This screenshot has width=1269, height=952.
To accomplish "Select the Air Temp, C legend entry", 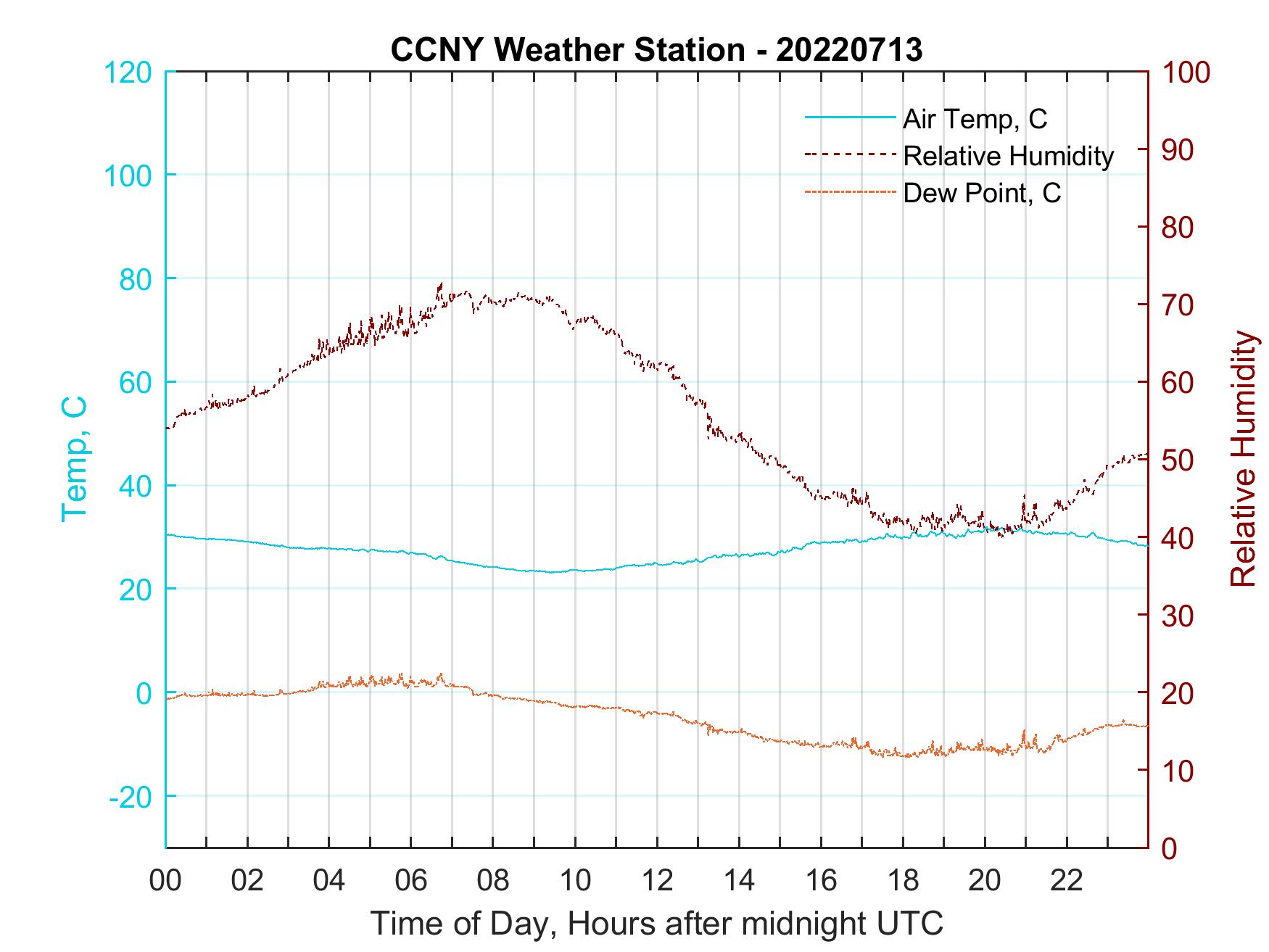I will [974, 118].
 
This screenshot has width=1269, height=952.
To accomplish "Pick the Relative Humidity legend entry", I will [1007, 156].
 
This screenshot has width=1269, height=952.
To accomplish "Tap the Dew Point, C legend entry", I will [981, 194].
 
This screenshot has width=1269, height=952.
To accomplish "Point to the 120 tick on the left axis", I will [128, 73].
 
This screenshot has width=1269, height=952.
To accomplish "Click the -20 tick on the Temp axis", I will [131, 797].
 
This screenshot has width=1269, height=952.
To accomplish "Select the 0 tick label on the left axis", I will [144, 693].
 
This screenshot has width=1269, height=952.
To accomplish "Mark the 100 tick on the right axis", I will [1186, 73].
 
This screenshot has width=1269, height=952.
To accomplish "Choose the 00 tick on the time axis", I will [165, 881].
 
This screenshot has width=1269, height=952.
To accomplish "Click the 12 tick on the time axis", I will [657, 881].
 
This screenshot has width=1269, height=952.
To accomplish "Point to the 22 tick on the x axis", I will [1067, 881].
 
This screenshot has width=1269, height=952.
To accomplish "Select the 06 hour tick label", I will [411, 881].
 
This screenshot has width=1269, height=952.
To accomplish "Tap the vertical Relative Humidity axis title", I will [1243, 459].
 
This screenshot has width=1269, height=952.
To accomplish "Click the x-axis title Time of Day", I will [657, 924].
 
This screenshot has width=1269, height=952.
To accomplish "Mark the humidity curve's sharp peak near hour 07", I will [440, 283].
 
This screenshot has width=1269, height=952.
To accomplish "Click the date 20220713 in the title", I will [849, 50].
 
